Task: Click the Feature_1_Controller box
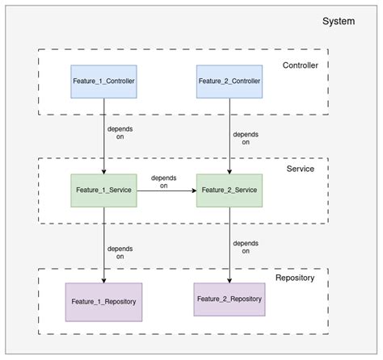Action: pos(104,82)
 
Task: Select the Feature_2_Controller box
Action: pos(229,82)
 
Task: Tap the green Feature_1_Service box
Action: pos(103,190)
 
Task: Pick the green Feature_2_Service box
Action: pos(229,190)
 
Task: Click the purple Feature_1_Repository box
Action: pos(103,300)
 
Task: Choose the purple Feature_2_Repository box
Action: pos(229,298)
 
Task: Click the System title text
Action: pos(339,21)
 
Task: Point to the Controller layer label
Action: pos(301,65)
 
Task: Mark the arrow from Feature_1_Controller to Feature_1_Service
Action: pos(103,153)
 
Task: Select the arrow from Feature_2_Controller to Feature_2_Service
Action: pos(229,153)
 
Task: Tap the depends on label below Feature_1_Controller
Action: pos(120,132)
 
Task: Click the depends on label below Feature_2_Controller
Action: pos(246,139)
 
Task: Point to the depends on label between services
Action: pos(163,182)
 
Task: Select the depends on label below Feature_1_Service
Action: pos(120,251)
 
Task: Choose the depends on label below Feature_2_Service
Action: pos(246,247)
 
